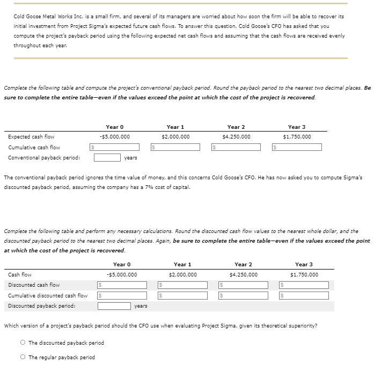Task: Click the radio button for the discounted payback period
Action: pyautogui.click(x=23, y=343)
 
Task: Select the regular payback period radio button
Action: pyautogui.click(x=23, y=357)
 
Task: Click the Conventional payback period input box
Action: pyautogui.click(x=107, y=157)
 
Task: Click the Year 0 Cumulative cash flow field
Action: pyautogui.click(x=117, y=147)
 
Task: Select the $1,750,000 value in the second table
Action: pyautogui.click(x=304, y=275)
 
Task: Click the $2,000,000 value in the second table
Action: pyautogui.click(x=182, y=275)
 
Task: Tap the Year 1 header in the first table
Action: pyautogui.click(x=175, y=127)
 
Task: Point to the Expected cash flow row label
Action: pyautogui.click(x=31, y=136)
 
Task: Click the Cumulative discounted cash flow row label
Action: pyautogui.click(x=48, y=295)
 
